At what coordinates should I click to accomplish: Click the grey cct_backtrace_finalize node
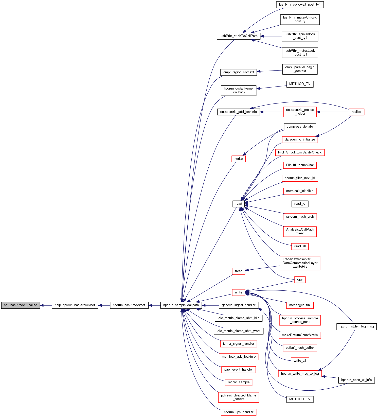pyautogui.click(x=21, y=305)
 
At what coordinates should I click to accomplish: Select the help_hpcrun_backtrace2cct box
pyautogui.click(x=75, y=305)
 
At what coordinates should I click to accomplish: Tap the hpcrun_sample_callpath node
pyautogui.click(x=181, y=305)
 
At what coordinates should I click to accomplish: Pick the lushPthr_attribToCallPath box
pyautogui.click(x=239, y=36)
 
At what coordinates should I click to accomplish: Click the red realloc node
pyautogui.click(x=356, y=112)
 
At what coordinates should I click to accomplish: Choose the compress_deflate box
pyautogui.click(x=300, y=127)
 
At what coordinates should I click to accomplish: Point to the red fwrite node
pyautogui.click(x=238, y=159)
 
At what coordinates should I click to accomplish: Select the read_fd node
pyautogui.click(x=300, y=204)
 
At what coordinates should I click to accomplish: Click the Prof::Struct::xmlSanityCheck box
pyautogui.click(x=300, y=152)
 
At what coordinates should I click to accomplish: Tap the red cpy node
pyautogui.click(x=300, y=280)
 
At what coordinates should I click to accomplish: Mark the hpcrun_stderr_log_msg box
pyautogui.click(x=356, y=326)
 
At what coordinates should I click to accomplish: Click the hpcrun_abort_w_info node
pyautogui.click(x=356, y=380)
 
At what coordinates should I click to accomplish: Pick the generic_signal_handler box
pyautogui.click(x=238, y=305)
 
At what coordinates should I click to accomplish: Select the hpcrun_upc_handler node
pyautogui.click(x=238, y=412)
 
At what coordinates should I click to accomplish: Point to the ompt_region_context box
pyautogui.click(x=238, y=72)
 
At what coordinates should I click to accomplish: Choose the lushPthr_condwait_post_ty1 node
pyautogui.click(x=300, y=5)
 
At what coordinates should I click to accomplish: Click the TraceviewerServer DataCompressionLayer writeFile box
pyautogui.click(x=300, y=263)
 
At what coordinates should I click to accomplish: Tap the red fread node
pyautogui.click(x=238, y=271)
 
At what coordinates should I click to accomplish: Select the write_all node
pyautogui.click(x=300, y=361)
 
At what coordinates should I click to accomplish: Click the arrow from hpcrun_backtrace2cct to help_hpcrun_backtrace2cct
pyautogui.click(x=104, y=305)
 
